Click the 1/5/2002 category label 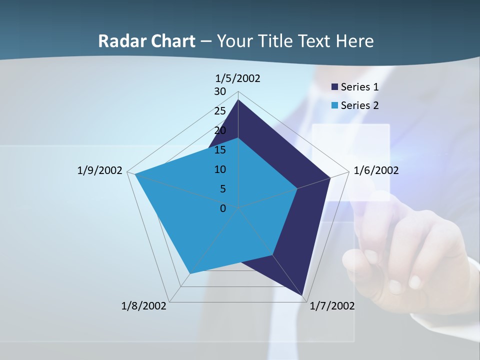click(237, 78)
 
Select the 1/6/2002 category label click(376, 170)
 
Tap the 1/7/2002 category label click(332, 306)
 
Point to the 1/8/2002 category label click(144, 306)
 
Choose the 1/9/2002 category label click(100, 170)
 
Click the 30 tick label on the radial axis click(220, 91)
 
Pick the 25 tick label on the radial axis click(220, 111)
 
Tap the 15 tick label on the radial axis click(220, 150)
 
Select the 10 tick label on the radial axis click(220, 169)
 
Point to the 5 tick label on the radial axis click(222, 189)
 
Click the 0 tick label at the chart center click(223, 208)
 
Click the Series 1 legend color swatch click(335, 87)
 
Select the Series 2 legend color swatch click(335, 105)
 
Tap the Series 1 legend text click(359, 87)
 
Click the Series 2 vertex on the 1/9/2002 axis click(135, 174)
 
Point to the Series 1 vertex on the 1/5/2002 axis click(238, 100)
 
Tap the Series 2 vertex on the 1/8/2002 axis click(189, 273)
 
